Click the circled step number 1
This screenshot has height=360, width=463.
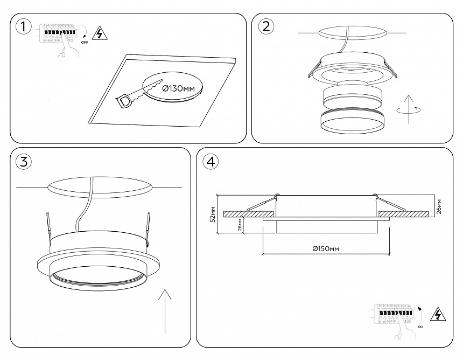point(22,26)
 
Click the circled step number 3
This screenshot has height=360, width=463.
point(23,161)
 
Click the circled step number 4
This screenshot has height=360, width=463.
point(211,161)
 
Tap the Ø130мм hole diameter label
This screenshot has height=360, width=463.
point(178,88)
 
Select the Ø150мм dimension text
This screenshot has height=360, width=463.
point(326,248)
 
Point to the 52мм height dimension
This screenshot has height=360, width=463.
point(213,214)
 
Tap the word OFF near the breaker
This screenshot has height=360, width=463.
point(85,41)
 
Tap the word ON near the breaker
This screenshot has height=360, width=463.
point(419,327)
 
